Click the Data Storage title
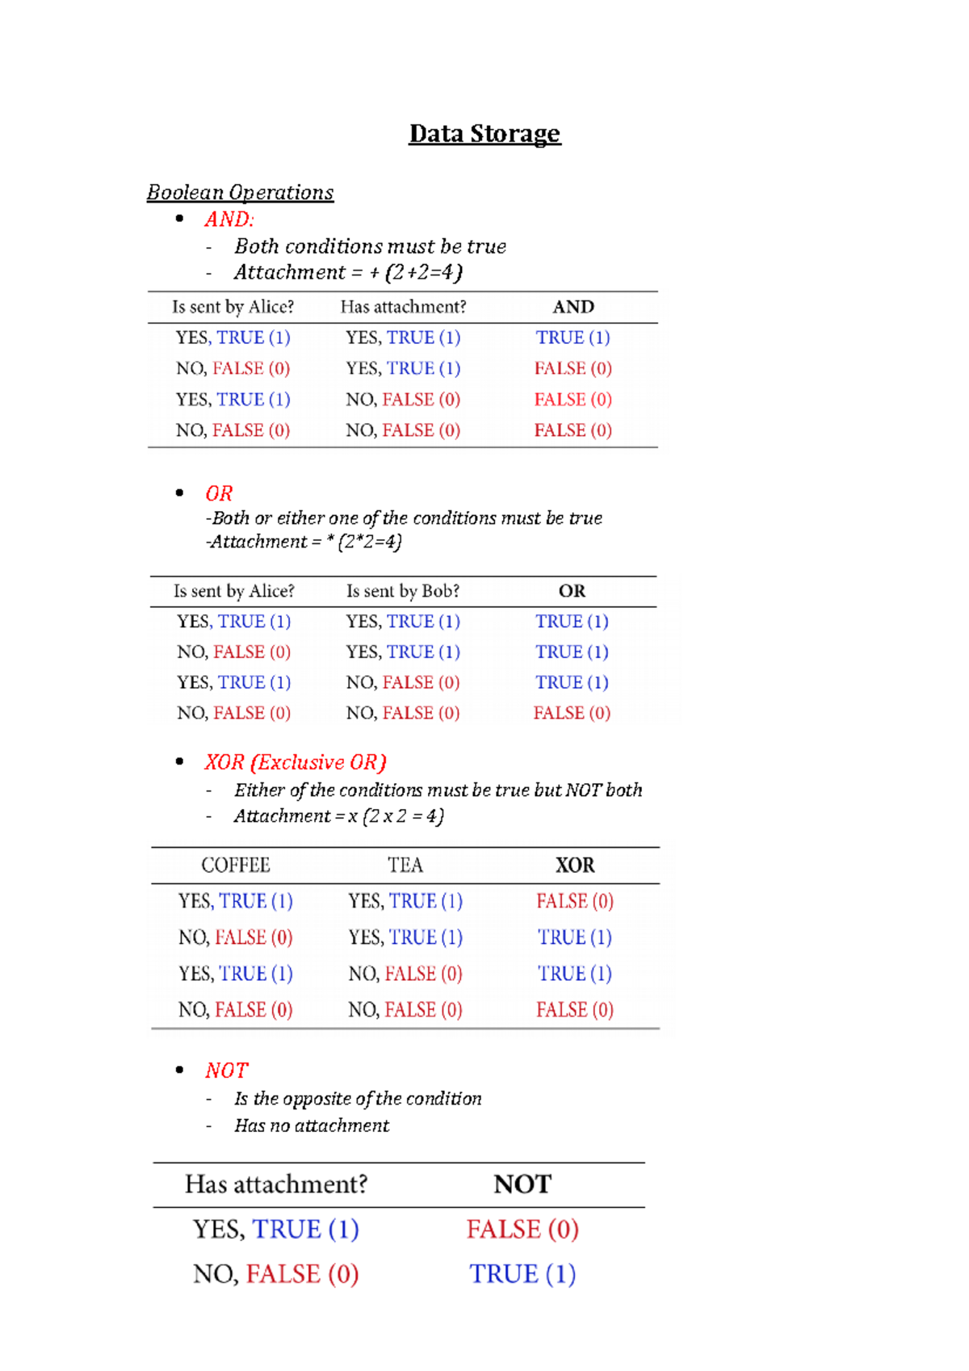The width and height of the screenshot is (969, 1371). pyautogui.click(x=484, y=133)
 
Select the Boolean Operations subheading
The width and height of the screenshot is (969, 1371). pyautogui.click(x=240, y=192)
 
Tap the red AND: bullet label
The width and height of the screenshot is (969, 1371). pyautogui.click(x=229, y=219)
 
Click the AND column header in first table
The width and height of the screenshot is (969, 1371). pyautogui.click(x=573, y=307)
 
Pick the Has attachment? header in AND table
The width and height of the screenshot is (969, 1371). pyautogui.click(x=403, y=307)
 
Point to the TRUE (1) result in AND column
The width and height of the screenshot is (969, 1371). pyautogui.click(x=573, y=338)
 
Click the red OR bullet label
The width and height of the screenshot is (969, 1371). pyautogui.click(x=219, y=493)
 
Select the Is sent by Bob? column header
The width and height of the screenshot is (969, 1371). pyautogui.click(x=403, y=591)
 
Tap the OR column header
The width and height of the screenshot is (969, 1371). pyautogui.click(x=572, y=591)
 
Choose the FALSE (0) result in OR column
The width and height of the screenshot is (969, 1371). pyautogui.click(x=572, y=713)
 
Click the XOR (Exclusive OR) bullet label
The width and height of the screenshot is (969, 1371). pyautogui.click(x=296, y=762)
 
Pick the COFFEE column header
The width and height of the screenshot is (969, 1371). pyautogui.click(x=236, y=866)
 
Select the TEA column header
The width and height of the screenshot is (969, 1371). pyautogui.click(x=405, y=866)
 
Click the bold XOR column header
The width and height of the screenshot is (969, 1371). pyautogui.click(x=575, y=866)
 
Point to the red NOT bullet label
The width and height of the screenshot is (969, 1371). pyautogui.click(x=227, y=1071)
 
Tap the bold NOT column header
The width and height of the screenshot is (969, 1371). pyautogui.click(x=522, y=1184)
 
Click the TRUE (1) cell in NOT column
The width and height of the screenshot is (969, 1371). pyautogui.click(x=522, y=1274)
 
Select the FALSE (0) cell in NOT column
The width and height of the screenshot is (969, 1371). pyautogui.click(x=522, y=1229)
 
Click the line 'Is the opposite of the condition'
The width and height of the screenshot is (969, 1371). pyautogui.click(x=358, y=1099)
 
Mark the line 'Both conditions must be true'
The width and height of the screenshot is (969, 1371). pyautogui.click(x=371, y=246)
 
